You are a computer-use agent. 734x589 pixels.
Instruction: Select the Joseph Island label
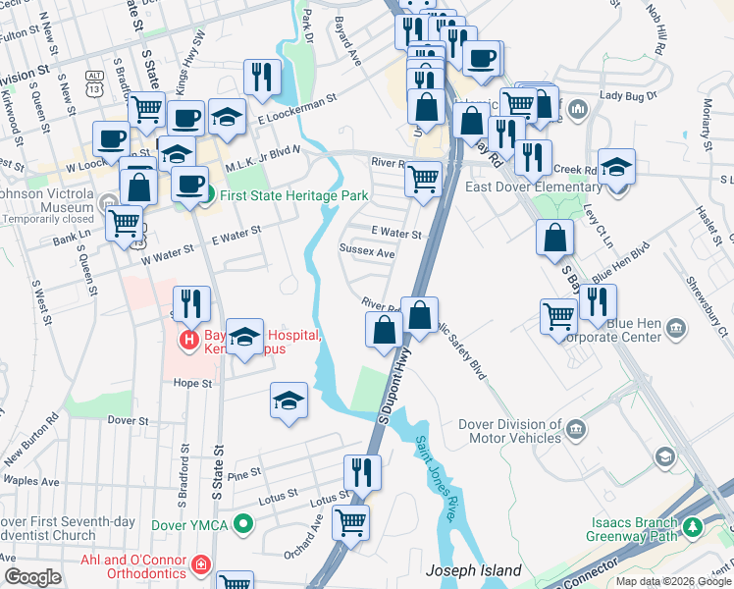click(473, 570)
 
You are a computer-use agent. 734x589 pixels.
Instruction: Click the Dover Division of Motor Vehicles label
click(510, 431)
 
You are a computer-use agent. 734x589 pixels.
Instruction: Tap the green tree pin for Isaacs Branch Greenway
click(694, 527)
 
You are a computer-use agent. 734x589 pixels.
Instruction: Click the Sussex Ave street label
click(368, 252)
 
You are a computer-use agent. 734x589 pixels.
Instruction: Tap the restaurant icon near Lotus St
click(361, 473)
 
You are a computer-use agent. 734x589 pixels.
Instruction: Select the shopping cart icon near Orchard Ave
click(350, 521)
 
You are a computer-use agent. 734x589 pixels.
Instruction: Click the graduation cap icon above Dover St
click(288, 401)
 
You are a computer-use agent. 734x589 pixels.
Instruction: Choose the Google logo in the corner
click(32, 577)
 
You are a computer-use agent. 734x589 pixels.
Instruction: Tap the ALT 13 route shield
click(94, 80)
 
